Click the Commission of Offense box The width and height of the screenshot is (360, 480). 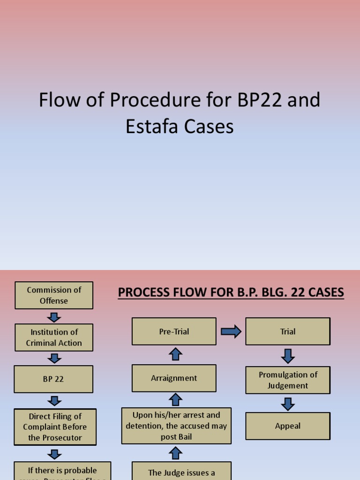(54, 295)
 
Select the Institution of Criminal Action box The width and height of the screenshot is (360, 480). (54, 337)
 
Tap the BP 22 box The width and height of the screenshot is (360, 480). (53, 379)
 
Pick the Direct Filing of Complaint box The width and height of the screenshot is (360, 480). (55, 427)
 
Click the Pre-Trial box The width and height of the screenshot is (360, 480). (174, 331)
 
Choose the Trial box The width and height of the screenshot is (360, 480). (288, 331)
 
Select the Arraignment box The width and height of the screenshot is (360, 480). (174, 378)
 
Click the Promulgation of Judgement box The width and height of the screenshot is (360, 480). (288, 380)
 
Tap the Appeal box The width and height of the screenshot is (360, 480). (288, 426)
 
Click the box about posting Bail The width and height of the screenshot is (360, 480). (176, 426)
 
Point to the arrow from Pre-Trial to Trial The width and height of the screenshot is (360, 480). (231, 332)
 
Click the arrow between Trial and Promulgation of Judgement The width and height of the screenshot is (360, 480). (288, 355)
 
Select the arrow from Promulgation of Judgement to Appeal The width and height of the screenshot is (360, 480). (288, 404)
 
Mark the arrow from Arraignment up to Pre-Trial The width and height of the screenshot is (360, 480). (175, 354)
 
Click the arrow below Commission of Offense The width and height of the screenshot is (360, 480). (54, 317)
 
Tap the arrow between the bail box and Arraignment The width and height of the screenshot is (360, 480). (175, 400)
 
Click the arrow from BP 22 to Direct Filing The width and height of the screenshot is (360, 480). (55, 401)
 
